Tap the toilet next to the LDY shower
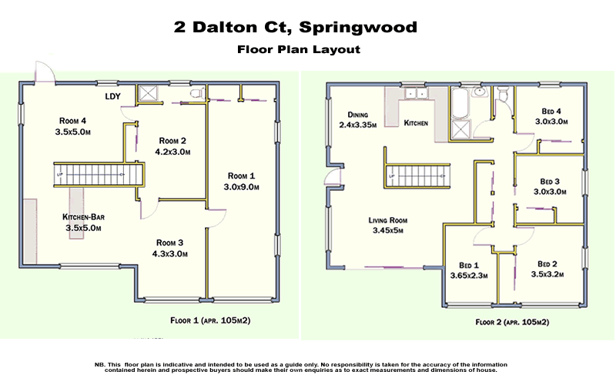click(196, 95)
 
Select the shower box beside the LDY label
click(147, 94)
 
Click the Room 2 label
click(174, 141)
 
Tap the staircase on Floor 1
click(99, 174)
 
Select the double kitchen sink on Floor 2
click(416, 95)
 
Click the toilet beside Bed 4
click(502, 96)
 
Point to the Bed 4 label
click(551, 109)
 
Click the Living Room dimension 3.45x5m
click(387, 230)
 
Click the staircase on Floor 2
click(415, 176)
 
